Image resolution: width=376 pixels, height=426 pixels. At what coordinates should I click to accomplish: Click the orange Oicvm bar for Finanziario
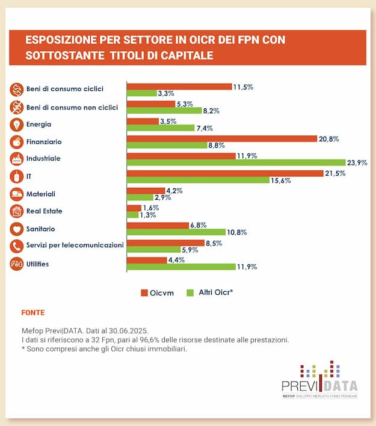click(221, 138)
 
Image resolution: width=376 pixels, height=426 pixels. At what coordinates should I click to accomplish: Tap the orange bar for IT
click(224, 173)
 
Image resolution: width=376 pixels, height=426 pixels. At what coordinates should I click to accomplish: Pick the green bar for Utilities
click(180, 267)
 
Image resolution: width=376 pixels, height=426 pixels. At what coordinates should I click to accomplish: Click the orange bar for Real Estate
click(134, 208)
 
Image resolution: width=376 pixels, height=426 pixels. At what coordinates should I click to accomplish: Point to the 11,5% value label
click(243, 87)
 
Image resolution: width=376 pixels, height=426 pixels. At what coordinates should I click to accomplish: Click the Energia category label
click(39, 125)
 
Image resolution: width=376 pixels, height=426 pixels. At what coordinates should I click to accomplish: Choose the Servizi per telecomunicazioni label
click(75, 245)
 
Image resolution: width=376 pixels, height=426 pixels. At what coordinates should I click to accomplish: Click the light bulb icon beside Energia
click(16, 125)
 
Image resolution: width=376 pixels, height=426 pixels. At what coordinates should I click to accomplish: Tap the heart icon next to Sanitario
click(16, 229)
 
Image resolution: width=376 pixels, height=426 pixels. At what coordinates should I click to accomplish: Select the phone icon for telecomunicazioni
click(16, 246)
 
